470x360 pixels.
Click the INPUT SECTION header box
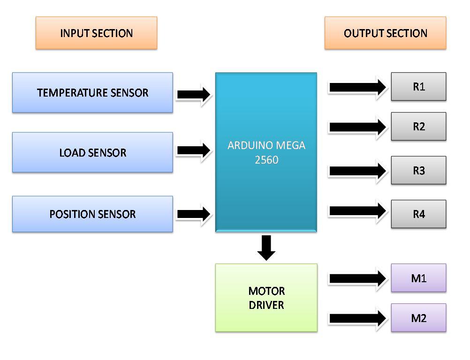click(96, 33)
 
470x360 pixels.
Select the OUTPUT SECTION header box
click(385, 33)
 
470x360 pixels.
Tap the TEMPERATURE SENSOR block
click(92, 92)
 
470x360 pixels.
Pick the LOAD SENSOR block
click(92, 152)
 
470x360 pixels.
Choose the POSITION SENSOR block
click(92, 214)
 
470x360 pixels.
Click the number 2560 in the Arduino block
click(266, 160)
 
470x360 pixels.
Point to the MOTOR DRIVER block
click(266, 298)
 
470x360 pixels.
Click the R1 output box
click(418, 87)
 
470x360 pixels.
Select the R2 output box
click(418, 127)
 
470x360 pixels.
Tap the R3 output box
click(418, 171)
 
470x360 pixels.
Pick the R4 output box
click(418, 214)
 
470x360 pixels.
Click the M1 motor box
click(418, 278)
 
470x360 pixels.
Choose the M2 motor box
click(418, 318)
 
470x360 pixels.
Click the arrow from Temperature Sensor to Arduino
click(194, 95)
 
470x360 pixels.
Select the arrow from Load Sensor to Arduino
click(194, 150)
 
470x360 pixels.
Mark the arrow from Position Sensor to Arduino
click(194, 214)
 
